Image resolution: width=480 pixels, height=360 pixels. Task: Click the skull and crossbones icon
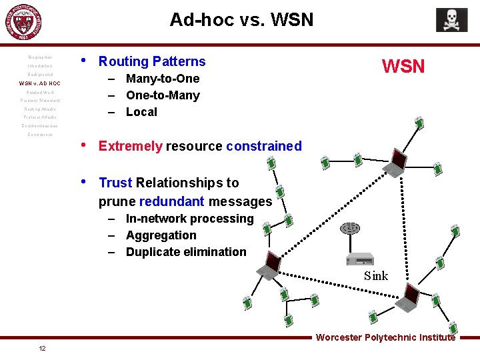coord(451,20)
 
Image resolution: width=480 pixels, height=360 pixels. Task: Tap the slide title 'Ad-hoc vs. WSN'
coord(241,19)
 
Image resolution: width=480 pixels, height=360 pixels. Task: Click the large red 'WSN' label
coord(403,66)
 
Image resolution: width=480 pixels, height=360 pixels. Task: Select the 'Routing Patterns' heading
coord(152,61)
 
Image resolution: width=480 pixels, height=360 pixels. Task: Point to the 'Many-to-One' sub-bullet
coord(163,79)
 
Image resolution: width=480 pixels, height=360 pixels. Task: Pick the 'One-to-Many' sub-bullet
coord(163,95)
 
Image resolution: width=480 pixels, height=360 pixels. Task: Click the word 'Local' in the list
coord(141,112)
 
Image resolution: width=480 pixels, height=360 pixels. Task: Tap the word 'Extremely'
coord(130,146)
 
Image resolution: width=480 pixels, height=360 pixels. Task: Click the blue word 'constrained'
coord(264,146)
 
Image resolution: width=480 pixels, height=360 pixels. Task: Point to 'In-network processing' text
coord(189,219)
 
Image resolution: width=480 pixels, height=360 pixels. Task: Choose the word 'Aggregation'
coord(161,235)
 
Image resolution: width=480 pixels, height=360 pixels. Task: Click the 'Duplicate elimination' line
coord(186,252)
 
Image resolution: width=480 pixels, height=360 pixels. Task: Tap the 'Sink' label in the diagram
coord(375,276)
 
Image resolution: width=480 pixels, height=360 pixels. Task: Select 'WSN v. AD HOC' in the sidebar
coord(39,83)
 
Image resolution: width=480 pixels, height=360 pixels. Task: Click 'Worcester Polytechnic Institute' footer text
coord(385,337)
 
